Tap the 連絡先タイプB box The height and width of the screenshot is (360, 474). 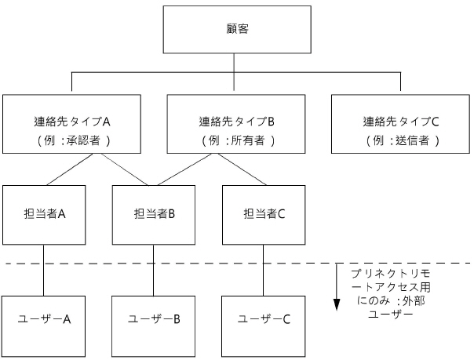[236, 123]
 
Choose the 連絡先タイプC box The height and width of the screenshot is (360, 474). [400, 123]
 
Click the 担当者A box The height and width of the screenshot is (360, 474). [44, 214]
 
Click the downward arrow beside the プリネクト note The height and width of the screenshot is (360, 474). [337, 290]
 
